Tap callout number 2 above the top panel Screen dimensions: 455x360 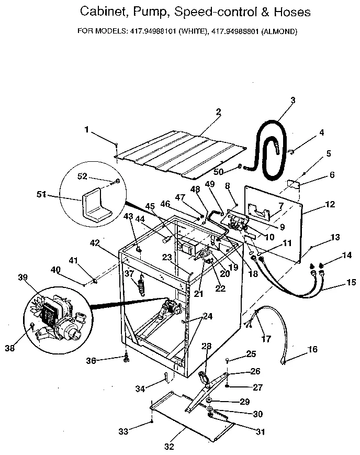click(218, 112)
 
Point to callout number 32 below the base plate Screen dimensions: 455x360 click(169, 446)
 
